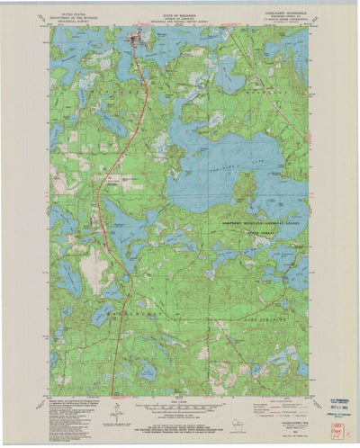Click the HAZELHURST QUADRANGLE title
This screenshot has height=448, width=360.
[286, 13]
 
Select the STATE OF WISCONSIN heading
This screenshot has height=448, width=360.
[180, 12]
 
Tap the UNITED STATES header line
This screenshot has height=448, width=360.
[74, 12]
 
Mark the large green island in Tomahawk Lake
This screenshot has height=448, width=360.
[243, 186]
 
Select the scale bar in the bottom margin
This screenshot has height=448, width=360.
[180, 408]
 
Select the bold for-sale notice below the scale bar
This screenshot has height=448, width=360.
[180, 426]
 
